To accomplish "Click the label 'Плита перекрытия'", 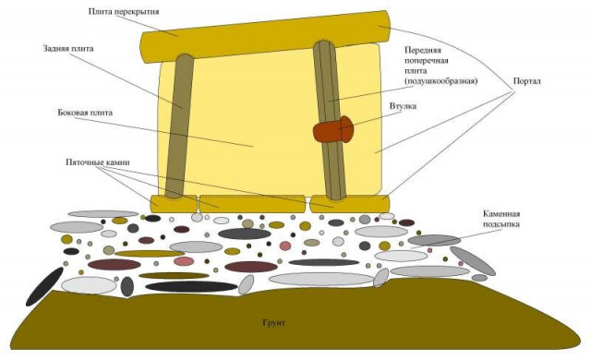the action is pos(124,12).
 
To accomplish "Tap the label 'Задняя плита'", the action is pos(67,49).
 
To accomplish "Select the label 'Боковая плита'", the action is pos(85,113).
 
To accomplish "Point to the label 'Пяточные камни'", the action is pos(98,162).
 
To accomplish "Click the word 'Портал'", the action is pos(527,81).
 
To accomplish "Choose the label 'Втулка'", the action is pos(403,106).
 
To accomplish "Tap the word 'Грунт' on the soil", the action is pos(273,323).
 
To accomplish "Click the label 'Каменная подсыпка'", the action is pos(501,219).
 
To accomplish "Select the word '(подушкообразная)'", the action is pos(441,81).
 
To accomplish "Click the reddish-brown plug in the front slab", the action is pos(332,130).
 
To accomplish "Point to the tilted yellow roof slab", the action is pos(265,37).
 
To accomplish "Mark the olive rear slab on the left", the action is pos(179,126).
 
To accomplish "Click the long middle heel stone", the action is pos(252,204).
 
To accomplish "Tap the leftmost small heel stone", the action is pos(174,204).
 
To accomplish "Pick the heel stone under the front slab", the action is pos(349,204).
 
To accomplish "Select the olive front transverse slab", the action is pos(330,121).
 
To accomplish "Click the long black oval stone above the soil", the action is pos(191,286).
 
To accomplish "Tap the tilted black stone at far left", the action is pos(44,286).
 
